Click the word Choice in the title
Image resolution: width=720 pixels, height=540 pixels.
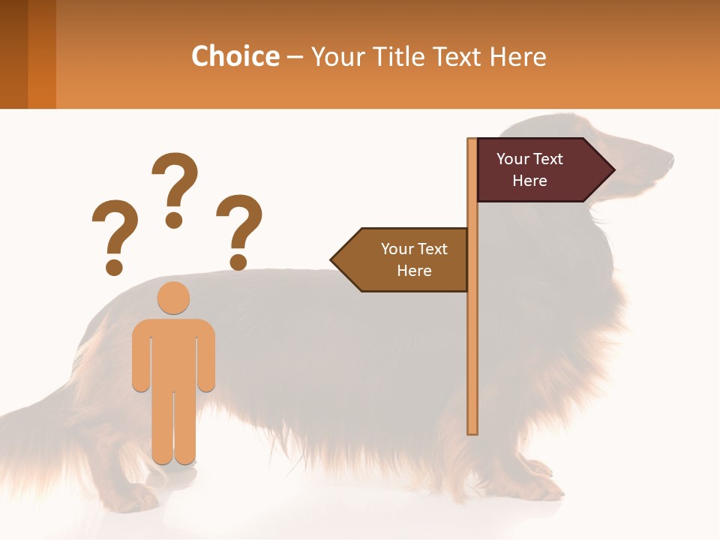click(x=235, y=56)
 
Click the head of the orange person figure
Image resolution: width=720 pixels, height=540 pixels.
click(x=173, y=298)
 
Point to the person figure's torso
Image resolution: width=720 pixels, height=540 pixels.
click(x=173, y=352)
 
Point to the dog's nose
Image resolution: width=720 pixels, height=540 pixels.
click(x=670, y=160)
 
